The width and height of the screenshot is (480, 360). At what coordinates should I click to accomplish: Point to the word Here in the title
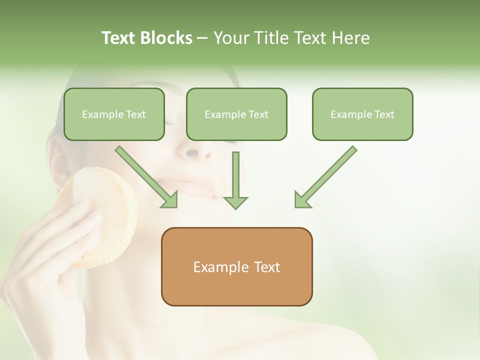pos(350,38)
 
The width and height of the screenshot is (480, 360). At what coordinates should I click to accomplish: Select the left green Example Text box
pos(114,114)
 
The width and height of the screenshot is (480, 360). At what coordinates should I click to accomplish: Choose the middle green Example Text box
pos(236,114)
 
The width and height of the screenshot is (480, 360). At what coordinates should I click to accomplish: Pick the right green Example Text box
pos(362,114)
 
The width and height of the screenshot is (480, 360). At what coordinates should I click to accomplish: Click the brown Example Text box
pos(236,266)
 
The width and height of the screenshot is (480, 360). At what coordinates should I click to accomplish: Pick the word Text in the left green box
pos(135,114)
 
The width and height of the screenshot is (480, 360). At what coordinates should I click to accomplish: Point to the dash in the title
pos(202,38)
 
